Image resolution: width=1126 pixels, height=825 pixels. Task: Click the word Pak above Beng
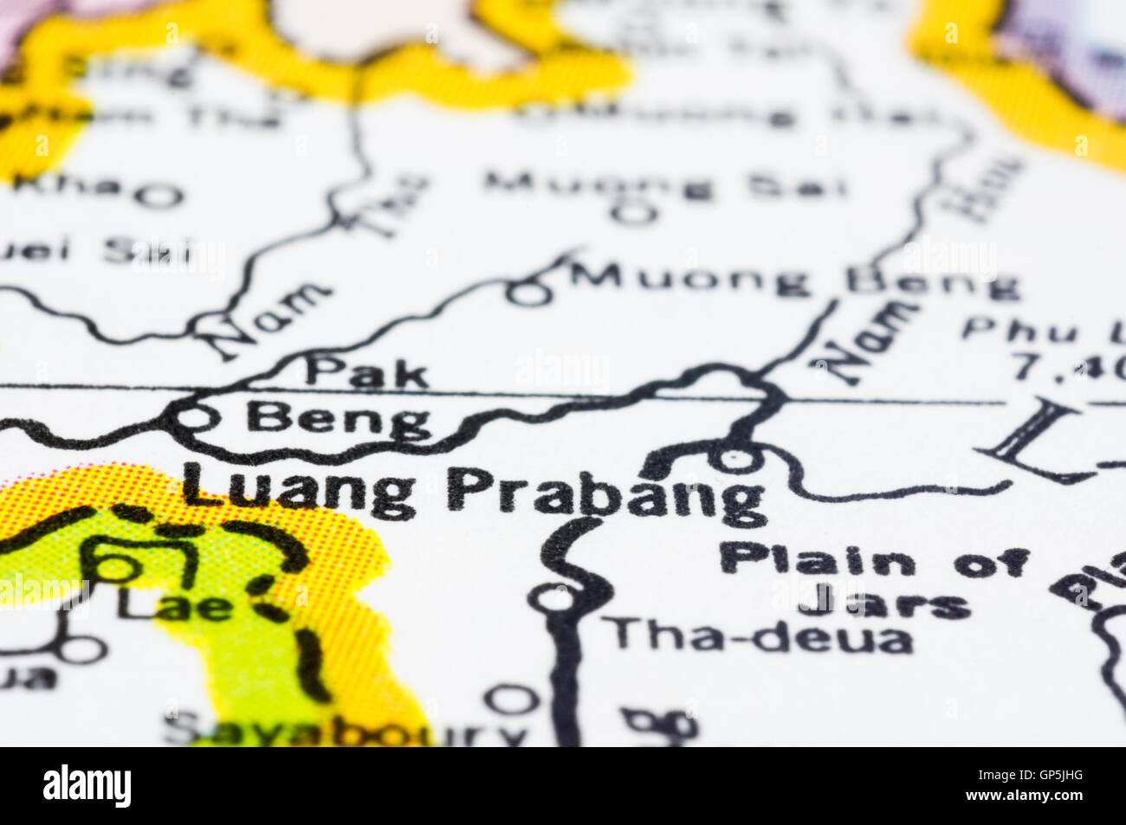pos(367,372)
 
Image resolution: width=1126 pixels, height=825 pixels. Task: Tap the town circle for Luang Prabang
pos(735,458)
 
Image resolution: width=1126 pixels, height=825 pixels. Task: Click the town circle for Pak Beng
pos(193,419)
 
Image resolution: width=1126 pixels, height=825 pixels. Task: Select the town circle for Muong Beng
pos(529,294)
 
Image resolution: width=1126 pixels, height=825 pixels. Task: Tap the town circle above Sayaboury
pos(509,698)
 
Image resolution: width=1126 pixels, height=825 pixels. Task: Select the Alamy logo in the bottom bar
pos(87,786)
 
